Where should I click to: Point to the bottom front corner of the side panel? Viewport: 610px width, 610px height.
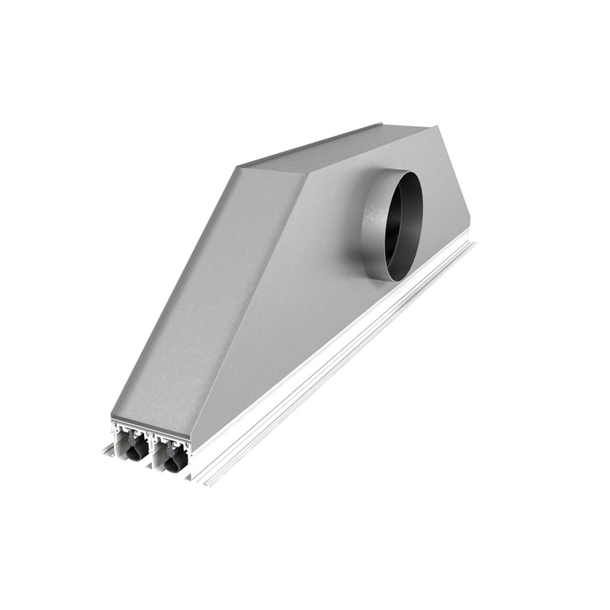(192, 440)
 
